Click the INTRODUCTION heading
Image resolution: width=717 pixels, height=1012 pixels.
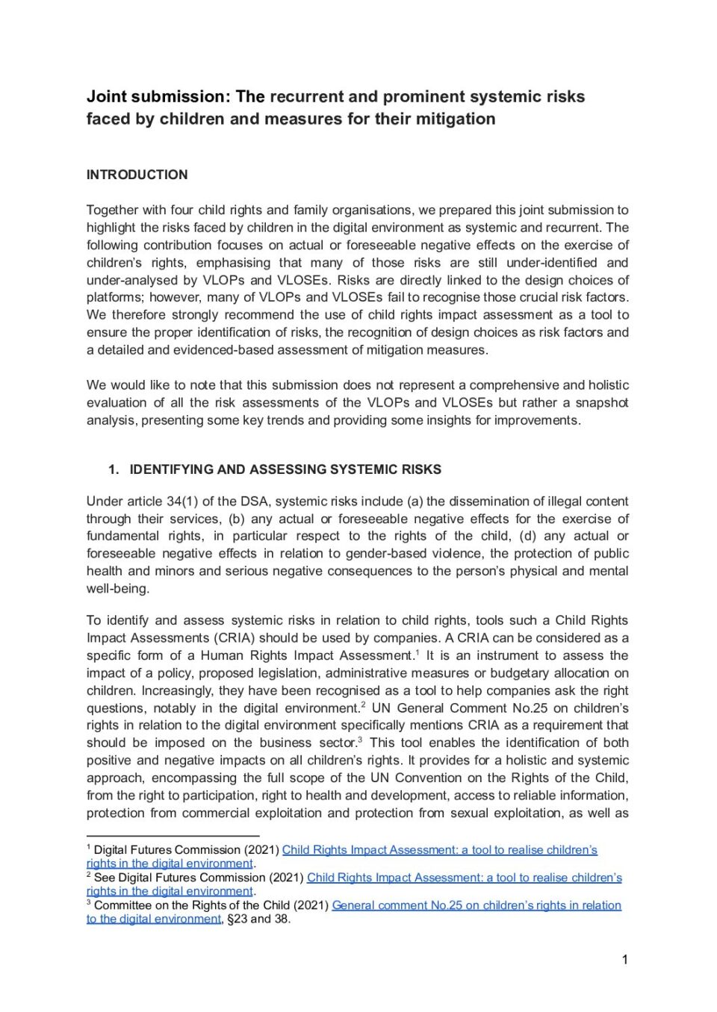point(137,175)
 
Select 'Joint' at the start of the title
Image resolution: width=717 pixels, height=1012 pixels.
point(106,97)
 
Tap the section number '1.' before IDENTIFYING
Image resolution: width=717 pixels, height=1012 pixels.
point(114,469)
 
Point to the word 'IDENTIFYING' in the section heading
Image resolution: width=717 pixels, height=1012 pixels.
point(171,469)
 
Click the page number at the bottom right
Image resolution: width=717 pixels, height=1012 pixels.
point(624,960)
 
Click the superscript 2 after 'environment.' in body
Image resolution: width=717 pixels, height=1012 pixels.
point(363,705)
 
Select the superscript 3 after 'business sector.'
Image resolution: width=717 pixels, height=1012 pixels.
point(360,740)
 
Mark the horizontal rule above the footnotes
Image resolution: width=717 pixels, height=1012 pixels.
point(173,836)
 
